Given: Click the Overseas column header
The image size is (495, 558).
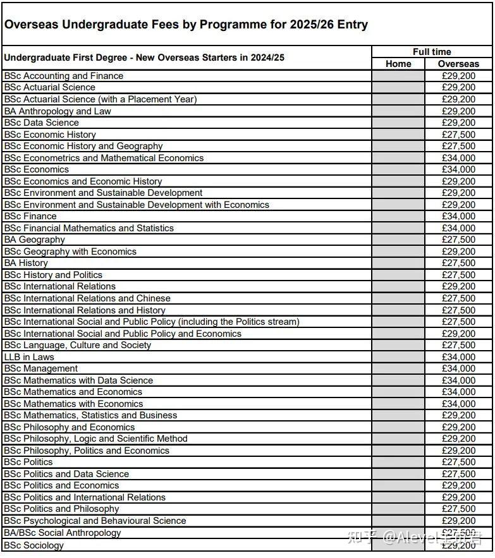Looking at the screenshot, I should [458, 64].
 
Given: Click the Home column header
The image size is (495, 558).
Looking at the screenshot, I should [398, 64].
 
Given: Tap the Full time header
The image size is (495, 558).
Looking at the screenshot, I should [432, 52].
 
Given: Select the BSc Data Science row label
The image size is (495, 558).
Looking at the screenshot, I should [42, 123].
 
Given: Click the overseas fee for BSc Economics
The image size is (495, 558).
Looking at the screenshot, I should [458, 169].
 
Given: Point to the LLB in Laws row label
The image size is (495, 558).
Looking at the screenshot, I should [29, 357].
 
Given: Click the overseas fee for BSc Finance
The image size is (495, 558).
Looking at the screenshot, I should [458, 216].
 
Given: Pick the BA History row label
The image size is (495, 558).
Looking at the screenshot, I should [26, 263].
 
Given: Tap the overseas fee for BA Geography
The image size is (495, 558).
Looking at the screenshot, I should [458, 240].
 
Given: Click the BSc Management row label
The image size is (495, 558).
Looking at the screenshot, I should [41, 368].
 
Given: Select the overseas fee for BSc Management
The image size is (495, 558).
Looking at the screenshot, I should [458, 368].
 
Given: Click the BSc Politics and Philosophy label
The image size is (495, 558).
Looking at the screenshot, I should [61, 509].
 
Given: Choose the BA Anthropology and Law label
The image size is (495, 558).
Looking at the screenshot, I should [58, 111].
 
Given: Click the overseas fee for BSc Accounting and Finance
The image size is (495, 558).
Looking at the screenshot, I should [458, 76].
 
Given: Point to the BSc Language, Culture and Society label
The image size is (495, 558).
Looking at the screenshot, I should [78, 345].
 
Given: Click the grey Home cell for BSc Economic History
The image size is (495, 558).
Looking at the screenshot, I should [398, 135].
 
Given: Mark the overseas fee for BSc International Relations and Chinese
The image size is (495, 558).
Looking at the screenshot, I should [458, 298].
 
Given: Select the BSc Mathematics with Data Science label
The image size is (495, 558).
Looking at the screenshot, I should [78, 380].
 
